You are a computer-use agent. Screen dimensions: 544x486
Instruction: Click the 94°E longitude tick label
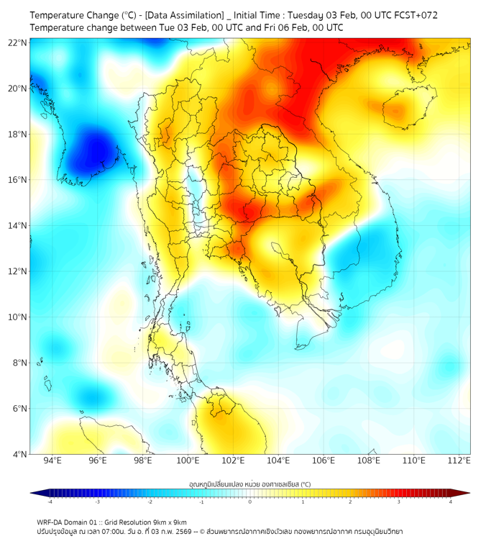click(x=52, y=461)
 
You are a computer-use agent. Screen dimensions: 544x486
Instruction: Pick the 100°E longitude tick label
click(x=188, y=461)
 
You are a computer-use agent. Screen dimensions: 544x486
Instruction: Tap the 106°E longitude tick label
click(x=324, y=461)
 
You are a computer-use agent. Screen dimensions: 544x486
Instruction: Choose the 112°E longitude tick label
click(x=459, y=461)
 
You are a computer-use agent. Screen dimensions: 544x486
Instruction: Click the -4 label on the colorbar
click(x=50, y=502)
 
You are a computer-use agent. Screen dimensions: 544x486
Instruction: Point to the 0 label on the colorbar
click(x=250, y=502)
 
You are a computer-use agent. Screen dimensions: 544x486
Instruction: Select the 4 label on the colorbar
click(x=450, y=502)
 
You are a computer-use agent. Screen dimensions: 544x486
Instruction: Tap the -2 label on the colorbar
click(x=150, y=502)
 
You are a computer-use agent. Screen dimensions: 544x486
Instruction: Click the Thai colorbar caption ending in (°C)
click(x=249, y=484)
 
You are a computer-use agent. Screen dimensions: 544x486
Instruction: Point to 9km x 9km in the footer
click(x=167, y=522)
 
